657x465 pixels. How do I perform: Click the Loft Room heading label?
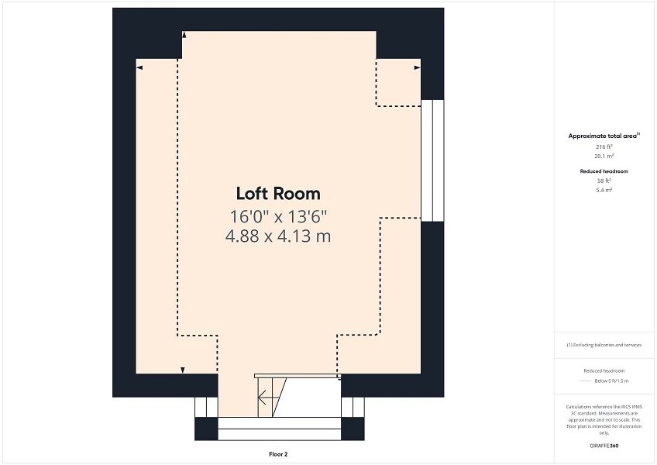point(277,194)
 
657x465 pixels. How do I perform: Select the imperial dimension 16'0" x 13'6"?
point(277,215)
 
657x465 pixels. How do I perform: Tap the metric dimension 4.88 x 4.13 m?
point(277,236)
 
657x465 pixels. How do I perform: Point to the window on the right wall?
point(432,160)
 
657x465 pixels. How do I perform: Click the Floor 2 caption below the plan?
point(278,454)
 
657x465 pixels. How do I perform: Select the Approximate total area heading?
point(604,136)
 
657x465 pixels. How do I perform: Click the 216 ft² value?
point(604,146)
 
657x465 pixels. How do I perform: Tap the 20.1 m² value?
point(604,156)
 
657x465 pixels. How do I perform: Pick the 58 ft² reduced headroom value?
point(604,181)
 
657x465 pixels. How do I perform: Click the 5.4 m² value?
point(604,190)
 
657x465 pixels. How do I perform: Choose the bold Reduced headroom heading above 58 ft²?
point(604,170)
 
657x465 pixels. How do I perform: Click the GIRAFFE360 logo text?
point(604,446)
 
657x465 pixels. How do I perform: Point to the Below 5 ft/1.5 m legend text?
point(611,381)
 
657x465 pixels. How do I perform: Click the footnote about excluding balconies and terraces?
point(604,345)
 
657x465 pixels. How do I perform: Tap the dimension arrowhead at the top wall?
point(184,35)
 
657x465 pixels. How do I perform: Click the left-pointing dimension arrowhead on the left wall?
point(139,68)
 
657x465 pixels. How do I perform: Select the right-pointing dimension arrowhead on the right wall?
point(417,68)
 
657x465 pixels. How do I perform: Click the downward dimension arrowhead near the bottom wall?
point(182,370)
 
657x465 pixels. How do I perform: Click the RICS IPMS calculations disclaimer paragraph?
point(604,419)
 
